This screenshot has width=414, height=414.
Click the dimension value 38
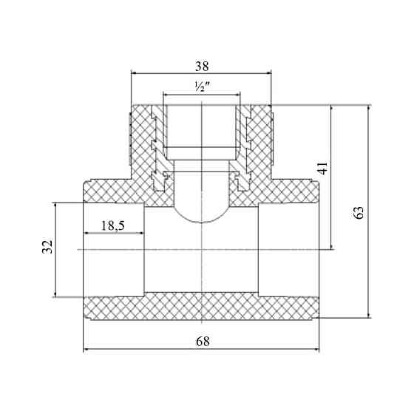click(202, 67)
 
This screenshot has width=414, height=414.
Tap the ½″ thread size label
click(202, 86)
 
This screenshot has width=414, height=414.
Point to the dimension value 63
click(359, 212)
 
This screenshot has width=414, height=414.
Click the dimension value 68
click(203, 342)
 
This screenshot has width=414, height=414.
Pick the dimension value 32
click(47, 247)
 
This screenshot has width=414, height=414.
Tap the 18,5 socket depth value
click(113, 225)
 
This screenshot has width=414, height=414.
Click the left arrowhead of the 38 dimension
click(134, 73)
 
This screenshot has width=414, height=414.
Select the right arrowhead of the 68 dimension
click(316, 350)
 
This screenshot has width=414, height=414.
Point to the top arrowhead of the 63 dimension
click(369, 108)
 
